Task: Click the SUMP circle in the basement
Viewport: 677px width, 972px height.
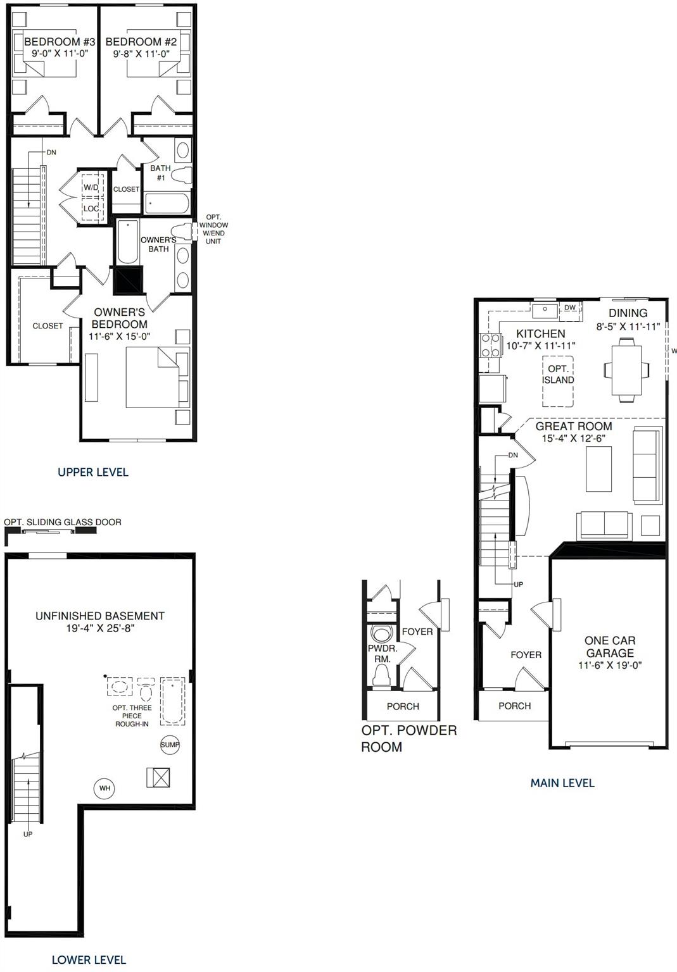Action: [x=170, y=744]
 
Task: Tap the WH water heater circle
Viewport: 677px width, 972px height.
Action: [x=104, y=788]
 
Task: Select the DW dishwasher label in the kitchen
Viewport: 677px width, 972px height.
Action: [x=570, y=308]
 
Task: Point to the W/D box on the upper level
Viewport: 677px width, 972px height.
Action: [x=91, y=188]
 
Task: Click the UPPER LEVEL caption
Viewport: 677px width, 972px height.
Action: [x=93, y=472]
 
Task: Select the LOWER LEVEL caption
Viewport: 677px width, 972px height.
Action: [x=89, y=960]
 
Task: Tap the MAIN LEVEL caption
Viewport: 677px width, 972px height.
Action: [x=562, y=783]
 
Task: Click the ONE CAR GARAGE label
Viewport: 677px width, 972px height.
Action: [x=610, y=647]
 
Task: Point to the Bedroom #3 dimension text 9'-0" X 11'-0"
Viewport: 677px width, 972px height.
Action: [x=60, y=54]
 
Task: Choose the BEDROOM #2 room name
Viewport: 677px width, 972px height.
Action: [x=141, y=42]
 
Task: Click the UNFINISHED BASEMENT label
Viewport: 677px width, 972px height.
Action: [x=100, y=616]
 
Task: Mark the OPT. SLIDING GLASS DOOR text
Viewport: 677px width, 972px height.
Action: [x=63, y=522]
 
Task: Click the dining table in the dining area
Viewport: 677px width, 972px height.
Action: [x=626, y=370]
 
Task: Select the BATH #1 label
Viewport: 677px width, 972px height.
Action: [x=160, y=173]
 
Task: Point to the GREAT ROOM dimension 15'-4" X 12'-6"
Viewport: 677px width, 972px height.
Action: [x=573, y=439]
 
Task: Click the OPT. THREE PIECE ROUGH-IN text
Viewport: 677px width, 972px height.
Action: [x=132, y=716]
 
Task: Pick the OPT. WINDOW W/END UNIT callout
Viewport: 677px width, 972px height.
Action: [x=213, y=229]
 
